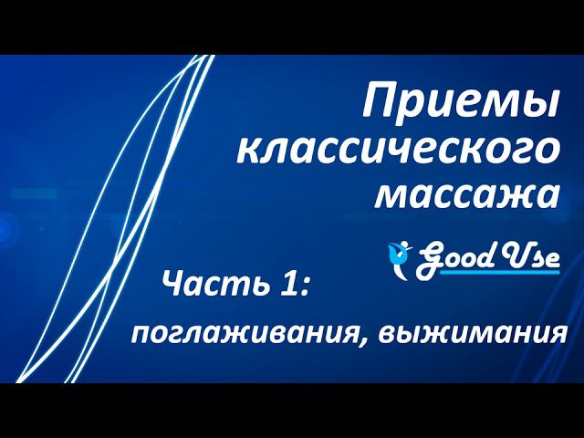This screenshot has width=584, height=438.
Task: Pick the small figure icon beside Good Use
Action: (398, 255)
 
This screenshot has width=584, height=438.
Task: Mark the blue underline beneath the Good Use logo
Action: (497, 271)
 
